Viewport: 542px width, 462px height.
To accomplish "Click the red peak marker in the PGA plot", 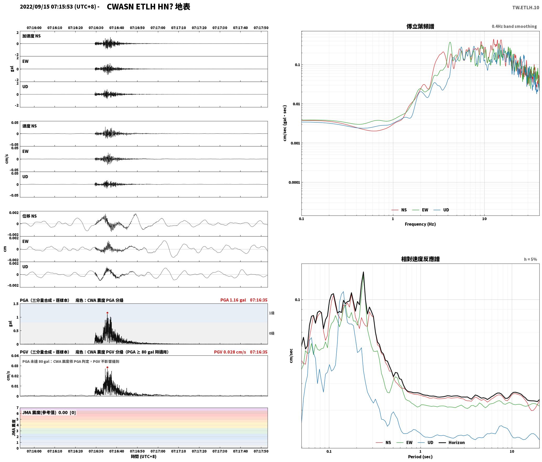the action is (107, 313).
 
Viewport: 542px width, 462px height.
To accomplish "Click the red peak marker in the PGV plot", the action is (107, 367).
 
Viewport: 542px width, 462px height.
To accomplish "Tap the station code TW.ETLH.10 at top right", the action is (525, 8).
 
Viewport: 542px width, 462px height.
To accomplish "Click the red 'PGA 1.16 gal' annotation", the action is (233, 300).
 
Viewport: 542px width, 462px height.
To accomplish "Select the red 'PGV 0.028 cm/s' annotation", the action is (230, 352).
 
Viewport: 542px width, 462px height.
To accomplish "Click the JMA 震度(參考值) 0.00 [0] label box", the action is (49, 412).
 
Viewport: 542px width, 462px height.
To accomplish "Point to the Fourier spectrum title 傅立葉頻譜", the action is (420, 27).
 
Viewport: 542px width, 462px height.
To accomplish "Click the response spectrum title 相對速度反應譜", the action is (420, 259).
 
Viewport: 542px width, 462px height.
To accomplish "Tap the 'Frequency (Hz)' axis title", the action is (420, 224).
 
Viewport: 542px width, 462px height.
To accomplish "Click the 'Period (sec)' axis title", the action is (420, 457).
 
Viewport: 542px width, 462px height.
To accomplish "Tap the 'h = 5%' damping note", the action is (530, 259).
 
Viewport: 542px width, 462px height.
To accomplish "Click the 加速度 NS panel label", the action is (31, 36).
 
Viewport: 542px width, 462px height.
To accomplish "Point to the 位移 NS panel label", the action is (29, 216).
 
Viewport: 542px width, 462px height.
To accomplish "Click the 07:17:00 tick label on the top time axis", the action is (158, 28).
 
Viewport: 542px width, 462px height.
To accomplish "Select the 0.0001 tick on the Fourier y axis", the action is (294, 182).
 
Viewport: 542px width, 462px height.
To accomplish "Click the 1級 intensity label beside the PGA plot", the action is (272, 313).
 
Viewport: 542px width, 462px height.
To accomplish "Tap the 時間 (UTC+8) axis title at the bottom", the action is (144, 456).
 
